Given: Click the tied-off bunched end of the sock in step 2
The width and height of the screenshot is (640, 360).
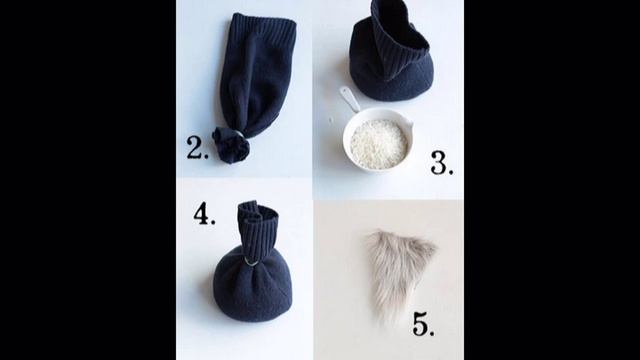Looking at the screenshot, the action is [231, 145].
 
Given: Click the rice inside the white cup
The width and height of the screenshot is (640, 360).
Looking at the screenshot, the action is [378, 144].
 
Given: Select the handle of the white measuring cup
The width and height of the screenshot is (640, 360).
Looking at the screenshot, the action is [349, 99].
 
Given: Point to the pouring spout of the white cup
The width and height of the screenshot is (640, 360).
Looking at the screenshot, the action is [408, 118].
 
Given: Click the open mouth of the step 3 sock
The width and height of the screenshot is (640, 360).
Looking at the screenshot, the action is [402, 24].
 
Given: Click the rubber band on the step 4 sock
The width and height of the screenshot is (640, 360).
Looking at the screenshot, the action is [251, 262].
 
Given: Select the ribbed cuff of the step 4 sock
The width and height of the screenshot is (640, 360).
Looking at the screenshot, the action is [258, 229].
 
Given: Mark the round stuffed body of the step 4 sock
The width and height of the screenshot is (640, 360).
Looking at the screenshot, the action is [252, 288].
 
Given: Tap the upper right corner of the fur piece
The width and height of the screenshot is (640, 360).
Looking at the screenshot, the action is [435, 246].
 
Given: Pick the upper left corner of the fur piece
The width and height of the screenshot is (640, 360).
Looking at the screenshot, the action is [366, 237].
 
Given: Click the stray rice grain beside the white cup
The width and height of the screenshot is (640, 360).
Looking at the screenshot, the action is [331, 120].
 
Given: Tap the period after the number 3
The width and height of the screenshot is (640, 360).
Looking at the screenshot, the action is [451, 173].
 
